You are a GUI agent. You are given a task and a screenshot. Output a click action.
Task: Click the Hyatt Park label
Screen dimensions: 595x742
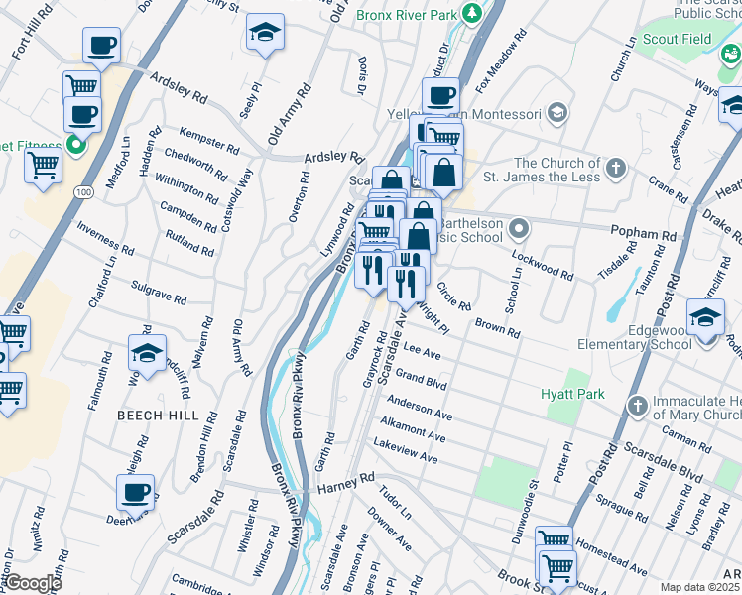572,394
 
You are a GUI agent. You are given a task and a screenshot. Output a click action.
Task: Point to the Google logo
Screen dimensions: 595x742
32,583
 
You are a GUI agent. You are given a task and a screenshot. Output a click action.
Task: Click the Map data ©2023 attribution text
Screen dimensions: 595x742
699,587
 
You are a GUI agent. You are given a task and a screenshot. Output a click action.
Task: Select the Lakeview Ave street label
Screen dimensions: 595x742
405,453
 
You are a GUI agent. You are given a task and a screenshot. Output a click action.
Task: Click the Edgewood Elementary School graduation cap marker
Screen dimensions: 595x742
705,319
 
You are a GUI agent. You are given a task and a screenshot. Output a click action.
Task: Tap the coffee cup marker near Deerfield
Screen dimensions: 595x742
135,491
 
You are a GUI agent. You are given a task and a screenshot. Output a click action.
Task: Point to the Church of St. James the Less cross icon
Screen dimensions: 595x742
616,166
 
